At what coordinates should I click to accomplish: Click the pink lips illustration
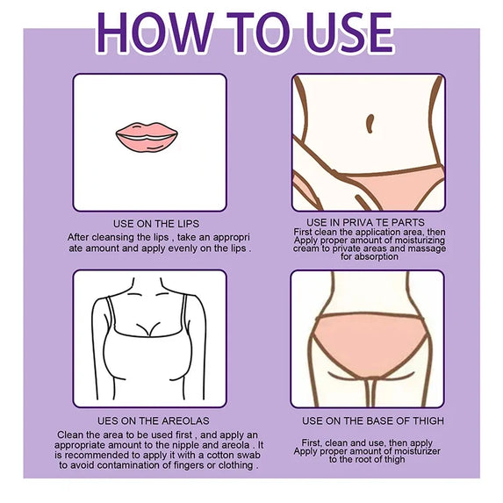[147, 137]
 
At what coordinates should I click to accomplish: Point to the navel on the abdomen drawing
[370, 124]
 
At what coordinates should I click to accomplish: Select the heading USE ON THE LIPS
[156, 224]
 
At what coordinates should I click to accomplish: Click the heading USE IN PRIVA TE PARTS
[365, 222]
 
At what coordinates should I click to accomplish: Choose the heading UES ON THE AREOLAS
[154, 420]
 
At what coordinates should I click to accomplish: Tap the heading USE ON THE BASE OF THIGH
[373, 420]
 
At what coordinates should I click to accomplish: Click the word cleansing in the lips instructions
[126, 237]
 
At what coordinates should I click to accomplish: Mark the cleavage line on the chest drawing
[148, 328]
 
